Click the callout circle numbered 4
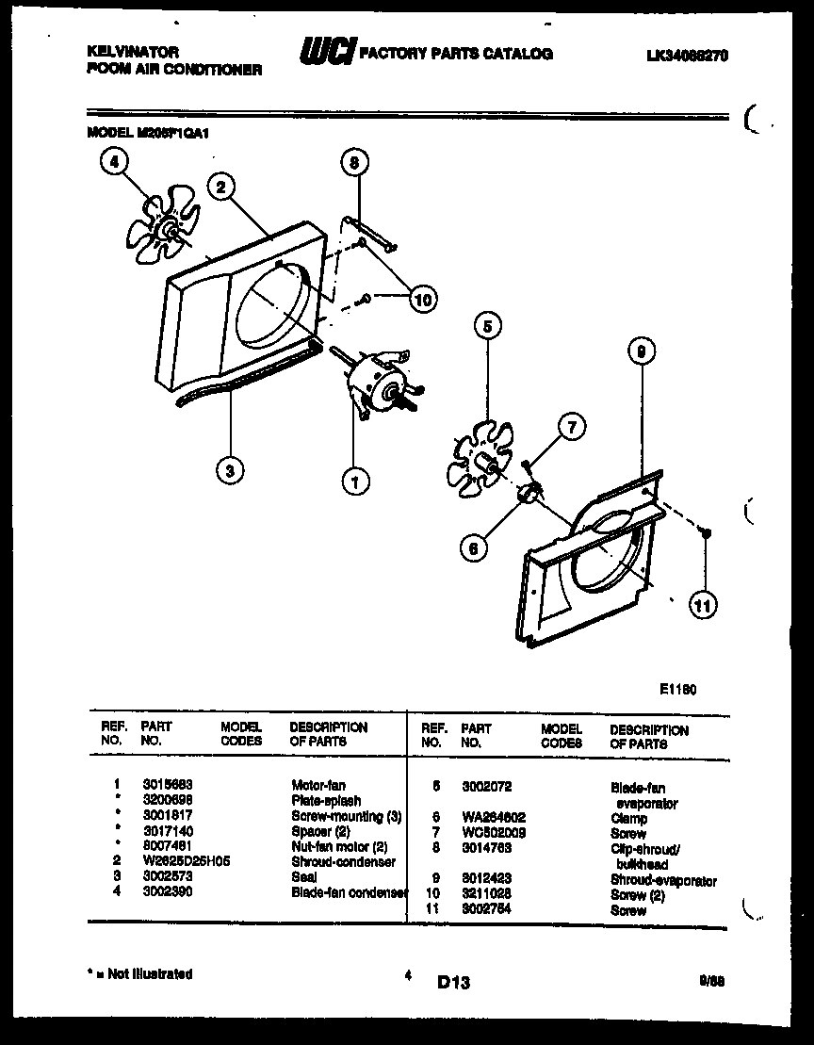[x=114, y=163]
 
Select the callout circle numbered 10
[x=423, y=300]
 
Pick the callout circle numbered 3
[x=228, y=470]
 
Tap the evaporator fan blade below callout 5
[x=480, y=462]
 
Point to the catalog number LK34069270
[x=675, y=56]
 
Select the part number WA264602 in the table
[x=493, y=818]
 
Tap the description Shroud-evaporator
[x=663, y=881]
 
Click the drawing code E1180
[x=677, y=689]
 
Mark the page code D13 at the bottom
[x=453, y=983]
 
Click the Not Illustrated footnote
[x=140, y=974]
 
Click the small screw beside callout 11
[x=704, y=534]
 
